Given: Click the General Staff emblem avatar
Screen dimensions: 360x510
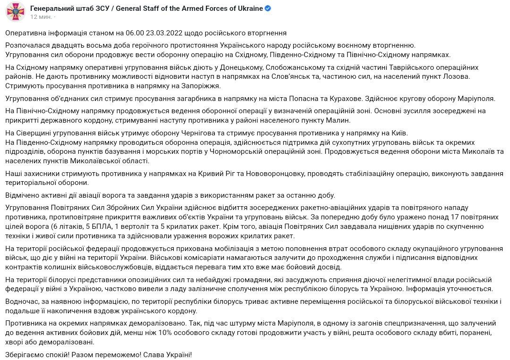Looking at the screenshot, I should click(x=16, y=11).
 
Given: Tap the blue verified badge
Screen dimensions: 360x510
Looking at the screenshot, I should click(x=267, y=9).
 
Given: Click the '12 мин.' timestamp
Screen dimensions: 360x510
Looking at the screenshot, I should click(x=41, y=17).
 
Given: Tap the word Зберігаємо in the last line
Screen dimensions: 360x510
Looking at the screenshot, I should click(x=26, y=354).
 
